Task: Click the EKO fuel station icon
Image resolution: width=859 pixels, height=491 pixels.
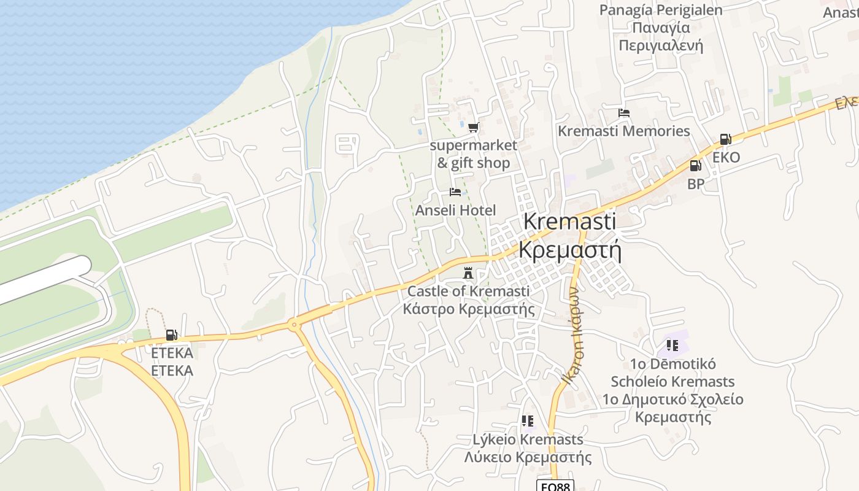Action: [x=725, y=139]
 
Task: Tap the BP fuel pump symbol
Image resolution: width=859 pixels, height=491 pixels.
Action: [x=695, y=165]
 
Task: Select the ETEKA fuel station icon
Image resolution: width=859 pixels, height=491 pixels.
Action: [x=171, y=335]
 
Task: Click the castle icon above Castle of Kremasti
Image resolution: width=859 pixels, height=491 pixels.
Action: [x=468, y=272]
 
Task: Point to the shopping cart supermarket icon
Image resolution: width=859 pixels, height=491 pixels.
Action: [x=473, y=128]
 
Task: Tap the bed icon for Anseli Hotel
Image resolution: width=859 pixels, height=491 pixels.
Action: [x=455, y=192]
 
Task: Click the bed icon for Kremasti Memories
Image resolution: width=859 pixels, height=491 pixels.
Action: [x=624, y=113]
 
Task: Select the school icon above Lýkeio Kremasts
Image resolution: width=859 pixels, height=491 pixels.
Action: [x=527, y=421]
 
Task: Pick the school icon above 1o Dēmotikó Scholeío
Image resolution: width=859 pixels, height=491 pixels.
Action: [x=672, y=346]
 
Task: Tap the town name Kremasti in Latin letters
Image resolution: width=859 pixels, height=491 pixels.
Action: [x=570, y=222]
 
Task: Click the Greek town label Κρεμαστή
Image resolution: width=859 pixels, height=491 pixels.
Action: [x=570, y=250]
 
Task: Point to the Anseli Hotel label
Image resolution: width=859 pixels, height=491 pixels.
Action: [x=455, y=211]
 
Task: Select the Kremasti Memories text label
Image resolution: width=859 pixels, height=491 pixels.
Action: [x=623, y=131]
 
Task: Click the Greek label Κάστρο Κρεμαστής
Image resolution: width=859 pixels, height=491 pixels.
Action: [x=468, y=309]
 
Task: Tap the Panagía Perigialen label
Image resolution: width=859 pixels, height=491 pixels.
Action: [x=661, y=10]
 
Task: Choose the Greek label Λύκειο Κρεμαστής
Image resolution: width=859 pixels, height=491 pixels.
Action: [x=528, y=457]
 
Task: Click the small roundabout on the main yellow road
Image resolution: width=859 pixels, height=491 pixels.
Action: [x=295, y=324]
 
